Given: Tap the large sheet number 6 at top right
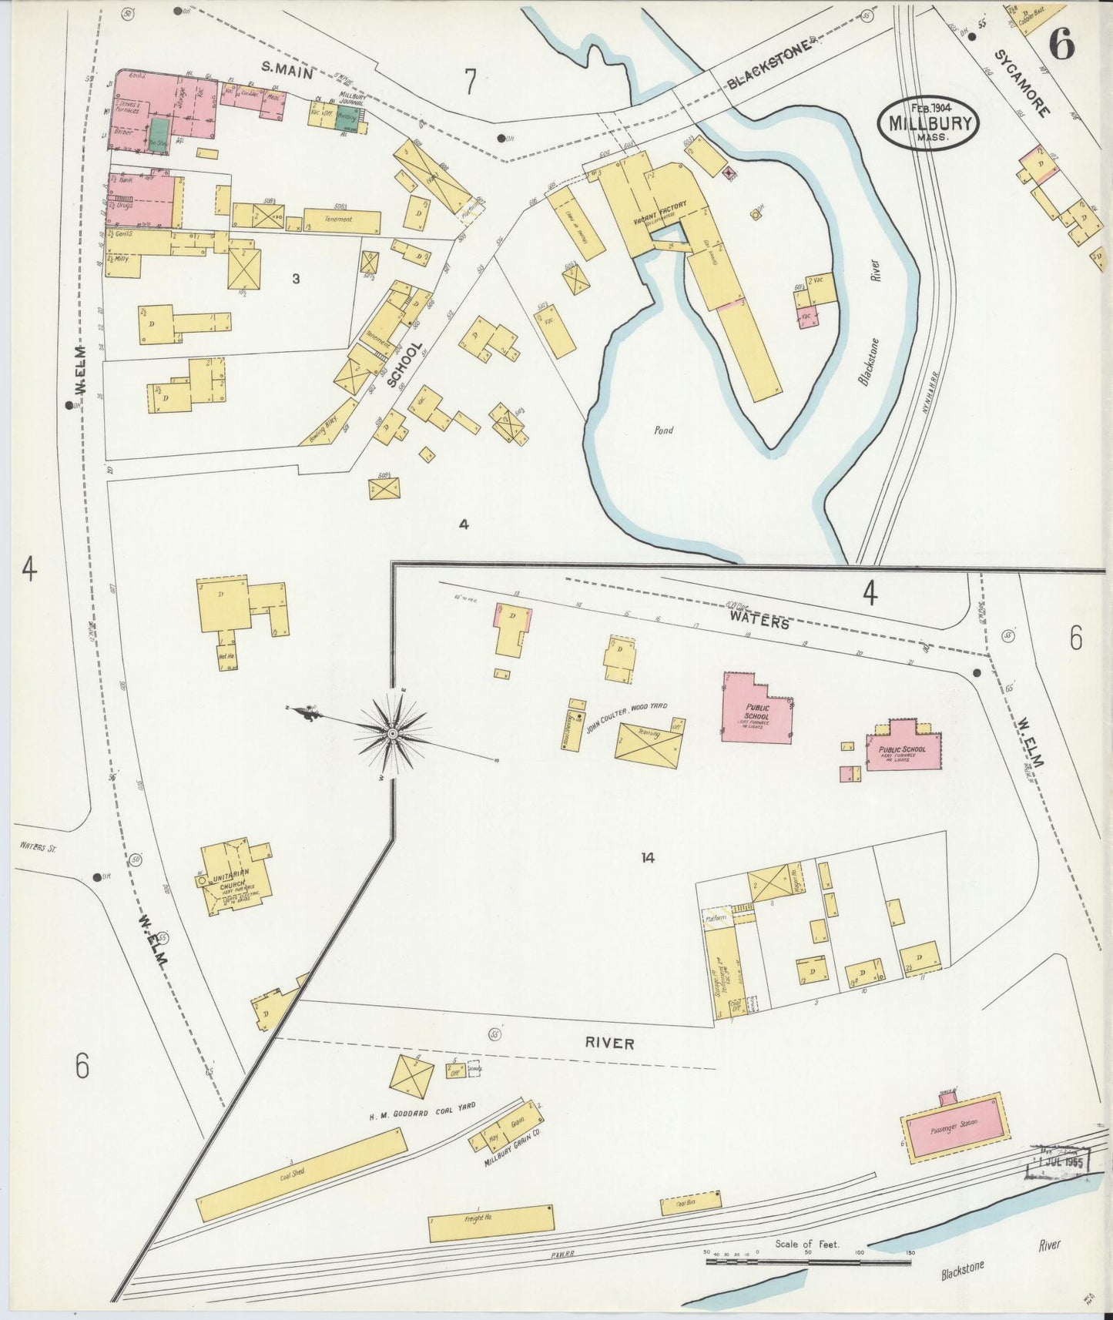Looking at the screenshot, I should click(x=1062, y=47).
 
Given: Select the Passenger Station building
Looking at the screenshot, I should click(x=954, y=1126).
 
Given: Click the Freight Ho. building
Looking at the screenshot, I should click(x=491, y=1223).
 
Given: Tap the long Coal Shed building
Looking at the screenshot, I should click(x=301, y=1174).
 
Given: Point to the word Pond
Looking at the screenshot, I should click(x=663, y=431).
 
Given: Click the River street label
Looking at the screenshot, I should click(x=609, y=1043).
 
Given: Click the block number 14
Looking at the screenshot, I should click(x=648, y=857).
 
